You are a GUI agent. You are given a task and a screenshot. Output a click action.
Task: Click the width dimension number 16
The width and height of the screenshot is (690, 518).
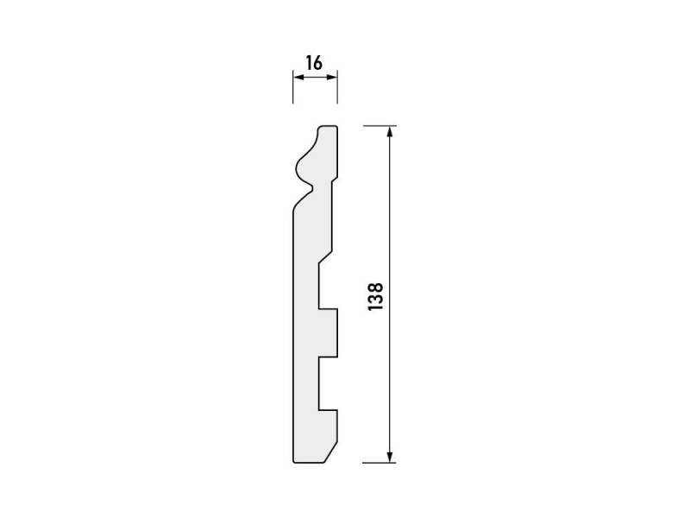tap(313, 62)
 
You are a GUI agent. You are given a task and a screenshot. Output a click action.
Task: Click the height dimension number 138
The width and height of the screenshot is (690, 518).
tap(375, 295)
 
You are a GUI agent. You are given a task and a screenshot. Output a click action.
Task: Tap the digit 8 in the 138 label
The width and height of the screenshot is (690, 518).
tap(375, 284)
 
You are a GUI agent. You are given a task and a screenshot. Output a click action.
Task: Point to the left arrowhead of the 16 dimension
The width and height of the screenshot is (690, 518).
tap(297, 78)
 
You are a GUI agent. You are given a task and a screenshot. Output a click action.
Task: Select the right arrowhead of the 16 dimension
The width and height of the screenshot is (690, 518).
tap(333, 78)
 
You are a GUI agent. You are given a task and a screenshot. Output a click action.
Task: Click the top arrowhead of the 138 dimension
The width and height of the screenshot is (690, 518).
tap(391, 131)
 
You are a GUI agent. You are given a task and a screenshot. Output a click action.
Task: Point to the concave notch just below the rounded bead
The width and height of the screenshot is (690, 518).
tap(313, 185)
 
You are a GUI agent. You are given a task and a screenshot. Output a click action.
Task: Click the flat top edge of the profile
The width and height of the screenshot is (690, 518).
tap(328, 126)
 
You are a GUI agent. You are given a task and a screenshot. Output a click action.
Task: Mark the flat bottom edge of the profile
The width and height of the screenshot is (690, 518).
tap(310, 463)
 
